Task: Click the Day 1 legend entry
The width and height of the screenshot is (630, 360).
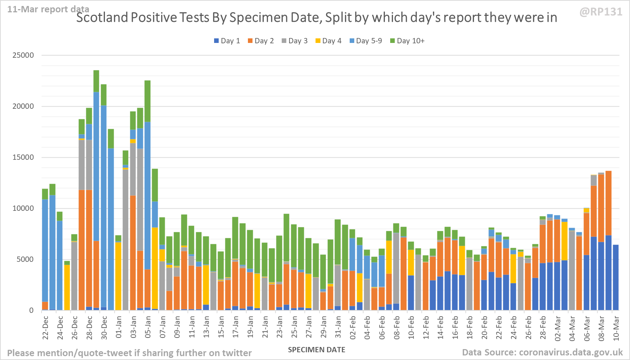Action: coord(227,41)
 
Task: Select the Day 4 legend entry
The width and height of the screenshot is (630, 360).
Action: coord(328,41)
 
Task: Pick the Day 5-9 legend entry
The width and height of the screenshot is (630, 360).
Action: coord(366,41)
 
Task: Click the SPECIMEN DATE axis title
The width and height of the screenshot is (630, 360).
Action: coord(316,350)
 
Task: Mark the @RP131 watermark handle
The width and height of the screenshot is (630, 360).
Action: coord(601,12)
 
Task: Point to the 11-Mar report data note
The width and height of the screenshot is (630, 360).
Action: coord(48,9)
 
